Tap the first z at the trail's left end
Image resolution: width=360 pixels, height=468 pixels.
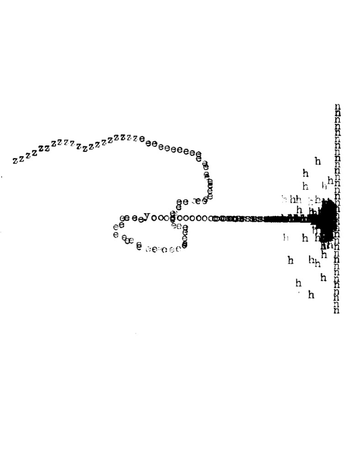click(15, 161)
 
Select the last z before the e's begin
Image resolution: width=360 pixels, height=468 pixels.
click(136, 138)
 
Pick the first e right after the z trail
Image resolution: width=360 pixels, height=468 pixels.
click(142, 138)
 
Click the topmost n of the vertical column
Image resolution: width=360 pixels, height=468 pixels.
click(337, 107)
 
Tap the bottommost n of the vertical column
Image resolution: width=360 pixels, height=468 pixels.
click(337, 310)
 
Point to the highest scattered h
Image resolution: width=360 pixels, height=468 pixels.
click(318, 161)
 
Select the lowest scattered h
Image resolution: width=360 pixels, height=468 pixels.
click(311, 295)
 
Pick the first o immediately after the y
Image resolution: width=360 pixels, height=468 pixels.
click(154, 218)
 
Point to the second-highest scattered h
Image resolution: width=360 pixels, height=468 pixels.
click(306, 174)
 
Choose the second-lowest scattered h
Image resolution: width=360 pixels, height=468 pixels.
click(298, 283)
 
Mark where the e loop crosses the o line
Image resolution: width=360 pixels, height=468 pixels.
click(173, 218)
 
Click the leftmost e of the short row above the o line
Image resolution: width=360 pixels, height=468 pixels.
click(179, 202)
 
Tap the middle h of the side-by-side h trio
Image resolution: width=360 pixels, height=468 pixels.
click(292, 199)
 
